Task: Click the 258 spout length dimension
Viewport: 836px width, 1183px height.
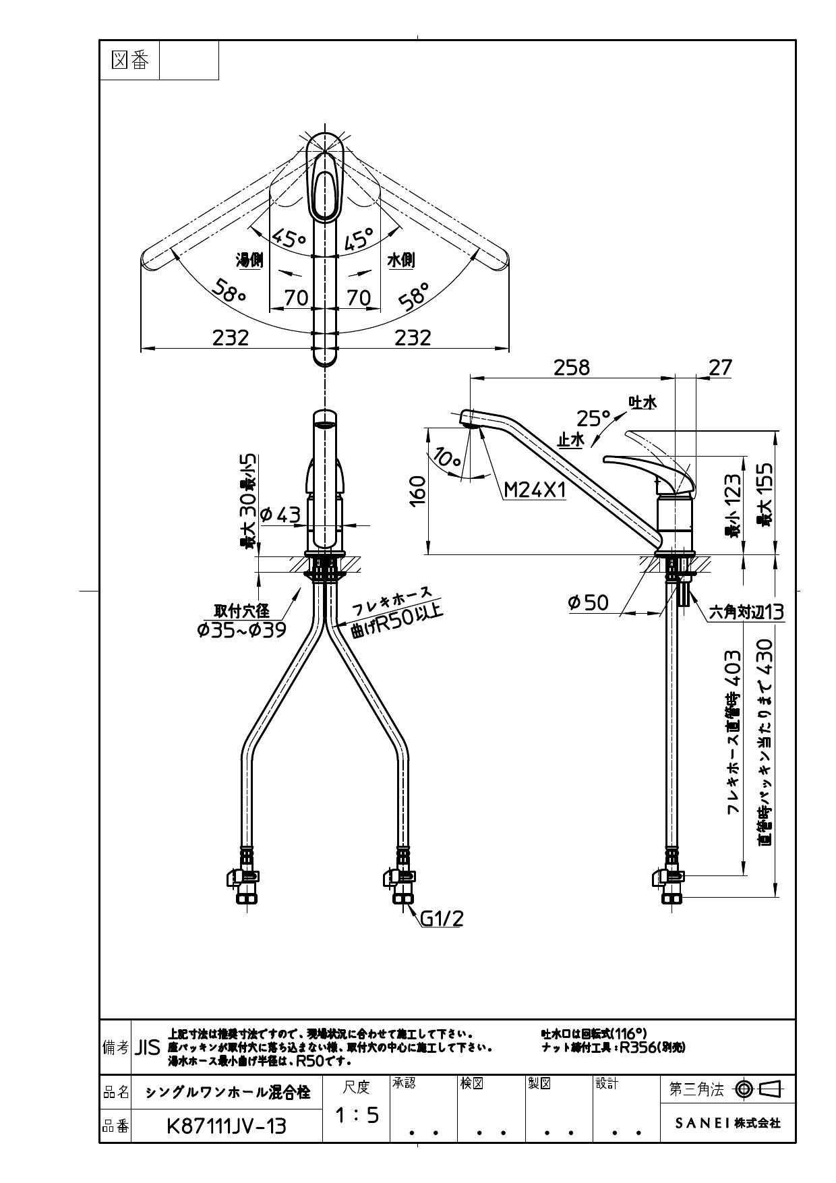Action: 571,367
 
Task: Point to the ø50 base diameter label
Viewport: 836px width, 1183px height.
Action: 588,602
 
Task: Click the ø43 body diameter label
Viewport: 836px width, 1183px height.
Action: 280,515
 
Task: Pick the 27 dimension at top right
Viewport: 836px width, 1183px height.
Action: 720,367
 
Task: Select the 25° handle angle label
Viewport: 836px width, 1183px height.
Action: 593,418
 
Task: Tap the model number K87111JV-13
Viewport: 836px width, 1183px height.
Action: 226,1126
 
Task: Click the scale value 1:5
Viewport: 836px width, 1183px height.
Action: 357,1116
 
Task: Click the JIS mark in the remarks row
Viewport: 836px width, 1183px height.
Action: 148,1047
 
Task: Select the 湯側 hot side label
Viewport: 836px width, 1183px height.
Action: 249,260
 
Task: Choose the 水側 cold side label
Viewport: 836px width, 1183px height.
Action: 401,260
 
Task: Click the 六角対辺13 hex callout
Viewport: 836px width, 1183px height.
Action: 746,612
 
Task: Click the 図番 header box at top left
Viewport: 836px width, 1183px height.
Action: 129,61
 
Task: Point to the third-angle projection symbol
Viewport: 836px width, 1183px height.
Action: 757,1089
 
